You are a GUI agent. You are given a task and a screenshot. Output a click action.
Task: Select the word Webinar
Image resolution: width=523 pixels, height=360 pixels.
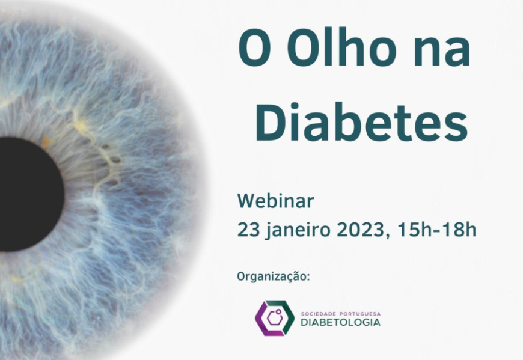point(275,201)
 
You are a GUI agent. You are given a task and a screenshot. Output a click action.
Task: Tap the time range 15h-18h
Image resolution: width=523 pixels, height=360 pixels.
point(437,230)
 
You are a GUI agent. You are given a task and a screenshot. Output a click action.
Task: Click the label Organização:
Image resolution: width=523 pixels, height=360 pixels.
point(274,277)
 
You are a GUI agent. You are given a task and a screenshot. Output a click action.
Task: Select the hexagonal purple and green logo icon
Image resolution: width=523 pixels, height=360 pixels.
point(275,318)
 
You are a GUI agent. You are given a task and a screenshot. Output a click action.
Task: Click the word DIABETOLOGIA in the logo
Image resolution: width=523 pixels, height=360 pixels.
point(340,322)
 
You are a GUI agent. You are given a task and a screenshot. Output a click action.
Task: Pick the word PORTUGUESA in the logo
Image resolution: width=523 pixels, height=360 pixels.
point(360,314)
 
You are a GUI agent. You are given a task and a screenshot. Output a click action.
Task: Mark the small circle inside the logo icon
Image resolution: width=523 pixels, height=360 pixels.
point(278,312)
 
